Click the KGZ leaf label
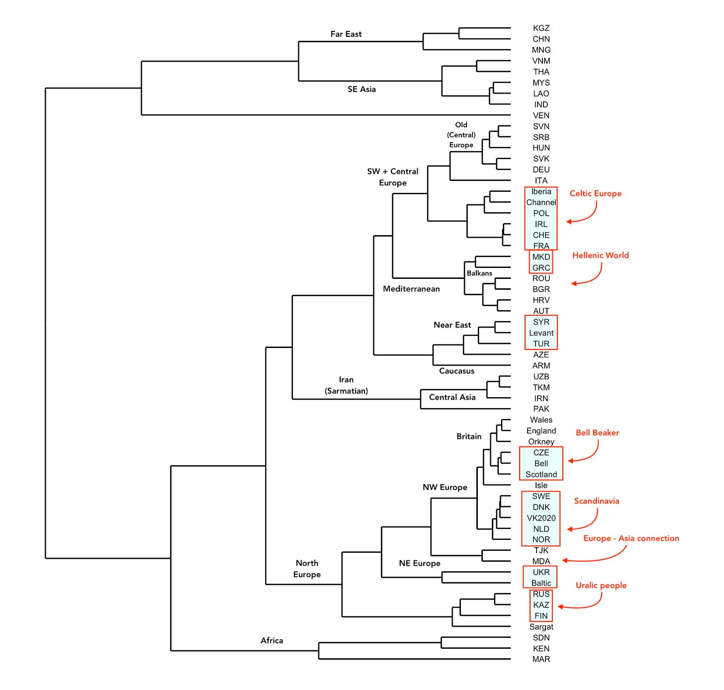pos(541,28)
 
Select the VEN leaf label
pos(541,115)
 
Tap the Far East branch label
pos(346,34)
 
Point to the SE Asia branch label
pos(362,89)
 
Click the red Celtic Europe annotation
pos(595,193)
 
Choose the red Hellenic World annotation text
pos(600,256)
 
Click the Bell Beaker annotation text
pos(597,433)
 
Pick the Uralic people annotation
pos(601,586)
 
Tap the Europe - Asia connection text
pos(631,538)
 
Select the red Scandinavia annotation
pos(596,501)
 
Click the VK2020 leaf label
pos(541,518)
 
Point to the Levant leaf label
pos(541,333)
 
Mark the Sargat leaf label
pos(541,627)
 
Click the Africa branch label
pos(271,641)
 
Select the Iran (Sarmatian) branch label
pos(346,385)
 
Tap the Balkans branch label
pos(479,273)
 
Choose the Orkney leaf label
pos(541,442)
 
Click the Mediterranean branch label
pos(411,289)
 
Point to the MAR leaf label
pos(541,659)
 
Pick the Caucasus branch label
pos(456,371)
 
